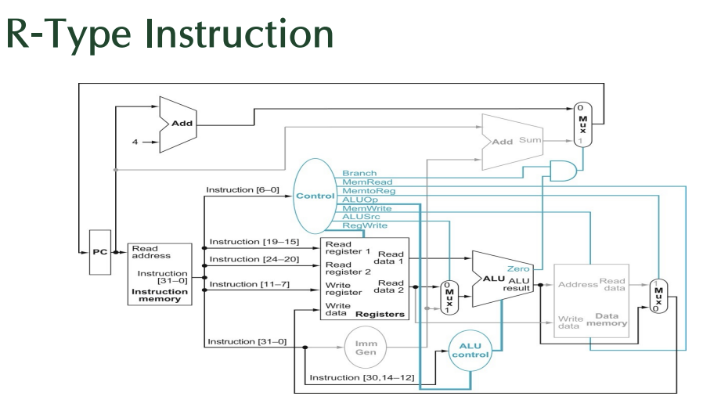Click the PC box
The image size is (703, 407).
pos(100,252)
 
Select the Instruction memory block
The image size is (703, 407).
pos(160,273)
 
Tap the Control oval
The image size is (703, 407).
pos(315,196)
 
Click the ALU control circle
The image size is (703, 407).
pos(470,350)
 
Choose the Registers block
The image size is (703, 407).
pos(365,279)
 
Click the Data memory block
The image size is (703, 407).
pos(592,301)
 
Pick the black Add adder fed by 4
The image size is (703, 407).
pos(176,124)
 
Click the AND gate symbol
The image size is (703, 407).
pos(564,170)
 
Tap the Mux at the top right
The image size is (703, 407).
pos(580,124)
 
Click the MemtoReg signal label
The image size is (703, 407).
pos(369,190)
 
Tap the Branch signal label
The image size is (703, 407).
pos(359,173)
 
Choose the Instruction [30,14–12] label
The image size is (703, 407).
pos(351,377)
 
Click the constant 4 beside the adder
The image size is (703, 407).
pos(134,142)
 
